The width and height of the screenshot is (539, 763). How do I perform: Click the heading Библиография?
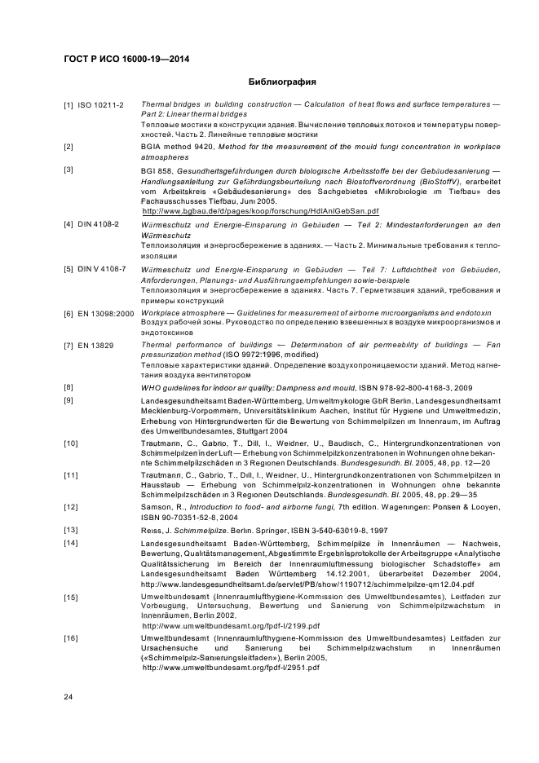click(x=281, y=82)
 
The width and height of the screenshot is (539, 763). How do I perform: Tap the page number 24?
click(x=68, y=696)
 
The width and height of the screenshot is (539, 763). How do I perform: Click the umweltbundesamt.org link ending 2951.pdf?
click(x=230, y=667)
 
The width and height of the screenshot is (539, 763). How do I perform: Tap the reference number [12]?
click(x=71, y=507)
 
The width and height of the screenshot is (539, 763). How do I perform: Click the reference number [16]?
click(x=71, y=637)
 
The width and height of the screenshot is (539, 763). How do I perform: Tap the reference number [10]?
click(x=71, y=443)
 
